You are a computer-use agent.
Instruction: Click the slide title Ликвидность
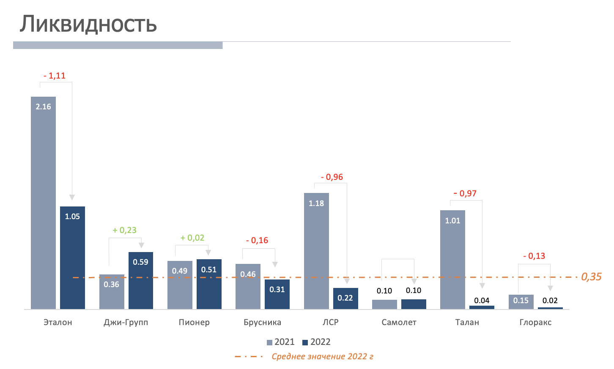click(88, 24)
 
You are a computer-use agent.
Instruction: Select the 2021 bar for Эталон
click(43, 203)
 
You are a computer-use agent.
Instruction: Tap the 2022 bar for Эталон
click(72, 258)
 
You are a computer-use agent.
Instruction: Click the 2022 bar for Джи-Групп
click(141, 280)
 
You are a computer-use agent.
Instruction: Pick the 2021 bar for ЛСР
click(316, 251)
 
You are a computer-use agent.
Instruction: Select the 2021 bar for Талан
click(452, 260)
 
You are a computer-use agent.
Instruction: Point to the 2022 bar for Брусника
click(277, 294)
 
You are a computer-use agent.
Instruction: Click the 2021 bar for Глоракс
click(521, 302)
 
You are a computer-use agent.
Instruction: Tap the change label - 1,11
click(55, 76)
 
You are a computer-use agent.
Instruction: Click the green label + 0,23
click(124, 230)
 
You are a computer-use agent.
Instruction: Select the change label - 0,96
click(332, 177)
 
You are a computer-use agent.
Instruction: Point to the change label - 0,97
click(465, 194)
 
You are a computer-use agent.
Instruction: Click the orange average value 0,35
click(591, 277)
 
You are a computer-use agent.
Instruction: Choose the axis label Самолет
click(399, 323)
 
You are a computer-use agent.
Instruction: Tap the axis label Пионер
click(194, 323)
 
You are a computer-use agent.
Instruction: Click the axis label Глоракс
click(535, 323)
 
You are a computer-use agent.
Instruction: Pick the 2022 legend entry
click(316, 342)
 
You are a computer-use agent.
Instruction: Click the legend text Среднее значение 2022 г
click(322, 357)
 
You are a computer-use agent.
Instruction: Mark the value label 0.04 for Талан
click(482, 301)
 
